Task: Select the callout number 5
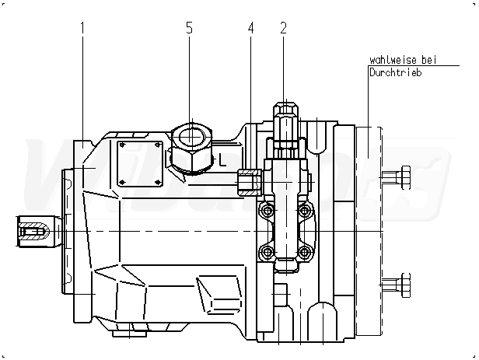[189, 28]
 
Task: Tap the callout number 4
[250, 28]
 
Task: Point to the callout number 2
[283, 28]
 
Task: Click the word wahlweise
[393, 60]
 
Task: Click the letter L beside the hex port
[222, 162]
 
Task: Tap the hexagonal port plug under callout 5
[189, 147]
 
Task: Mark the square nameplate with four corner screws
[138, 163]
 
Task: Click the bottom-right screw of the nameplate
[158, 183]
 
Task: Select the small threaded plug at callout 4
[248, 181]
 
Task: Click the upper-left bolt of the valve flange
[267, 211]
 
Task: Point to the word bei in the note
[428, 60]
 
